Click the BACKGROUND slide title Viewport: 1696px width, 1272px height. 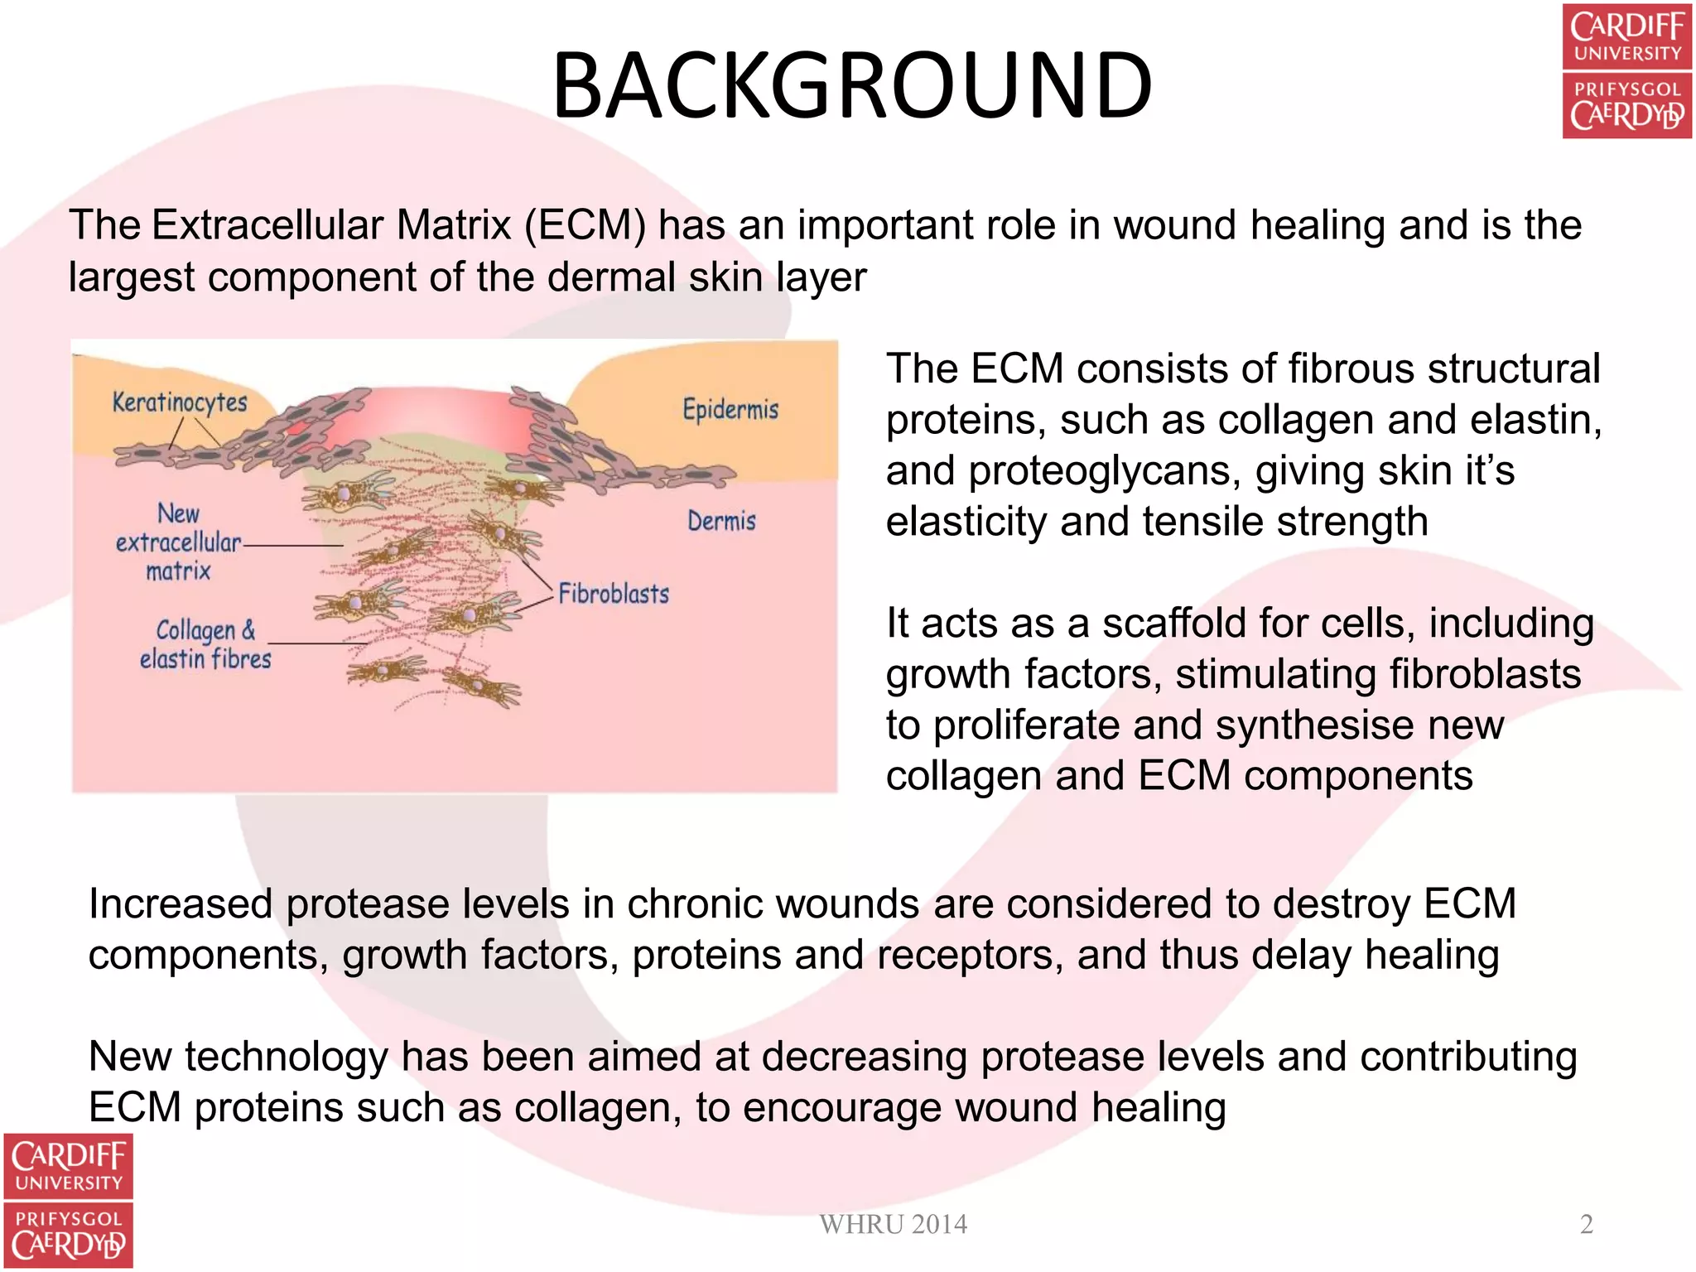pos(852,86)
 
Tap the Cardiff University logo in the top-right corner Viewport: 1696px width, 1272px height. pos(1626,71)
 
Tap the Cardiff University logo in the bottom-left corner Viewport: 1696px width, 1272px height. pos(68,1200)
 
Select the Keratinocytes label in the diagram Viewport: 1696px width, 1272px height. pos(180,402)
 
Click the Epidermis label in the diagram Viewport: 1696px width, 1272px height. pos(730,409)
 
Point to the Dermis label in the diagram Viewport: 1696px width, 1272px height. pos(721,521)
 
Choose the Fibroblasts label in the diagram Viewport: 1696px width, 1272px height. pos(614,594)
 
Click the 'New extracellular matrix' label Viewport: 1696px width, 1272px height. pos(178,542)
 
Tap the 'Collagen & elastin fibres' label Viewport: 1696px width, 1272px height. pos(205,644)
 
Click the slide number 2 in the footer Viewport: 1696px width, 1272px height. pos(1586,1224)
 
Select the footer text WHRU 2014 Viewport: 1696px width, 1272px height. pos(893,1224)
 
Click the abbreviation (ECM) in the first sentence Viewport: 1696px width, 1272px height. pos(585,225)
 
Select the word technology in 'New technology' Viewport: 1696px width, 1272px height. pos(287,1057)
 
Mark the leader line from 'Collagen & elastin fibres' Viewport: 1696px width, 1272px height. pos(317,643)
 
